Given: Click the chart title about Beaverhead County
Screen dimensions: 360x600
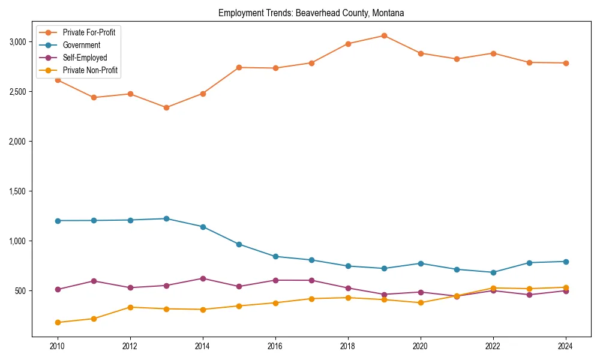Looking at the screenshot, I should [311, 13].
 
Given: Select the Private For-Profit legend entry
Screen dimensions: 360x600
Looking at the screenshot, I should [89, 32].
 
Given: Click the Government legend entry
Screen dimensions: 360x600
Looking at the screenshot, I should [81, 45].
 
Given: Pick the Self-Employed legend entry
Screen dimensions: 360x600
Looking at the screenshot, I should [85, 58].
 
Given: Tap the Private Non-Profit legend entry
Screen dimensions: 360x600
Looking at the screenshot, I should [90, 70].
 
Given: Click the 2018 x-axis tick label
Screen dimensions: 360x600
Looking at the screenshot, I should [347, 346].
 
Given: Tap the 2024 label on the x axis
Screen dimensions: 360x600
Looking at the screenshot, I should [566, 346].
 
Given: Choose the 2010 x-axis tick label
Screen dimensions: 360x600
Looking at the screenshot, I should [58, 346].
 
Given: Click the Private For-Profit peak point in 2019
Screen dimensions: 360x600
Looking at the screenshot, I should [384, 35].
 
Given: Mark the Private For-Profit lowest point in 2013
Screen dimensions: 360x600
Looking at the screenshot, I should [166, 108].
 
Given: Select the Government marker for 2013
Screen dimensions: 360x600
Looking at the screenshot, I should [166, 218].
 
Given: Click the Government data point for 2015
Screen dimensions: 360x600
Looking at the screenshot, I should [239, 244].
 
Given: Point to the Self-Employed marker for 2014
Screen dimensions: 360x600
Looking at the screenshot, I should [203, 278].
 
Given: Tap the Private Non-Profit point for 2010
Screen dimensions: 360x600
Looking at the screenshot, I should [58, 323].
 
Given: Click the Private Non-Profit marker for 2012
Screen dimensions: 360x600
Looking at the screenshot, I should [130, 307].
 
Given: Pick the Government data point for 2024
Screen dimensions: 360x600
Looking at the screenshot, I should [566, 262].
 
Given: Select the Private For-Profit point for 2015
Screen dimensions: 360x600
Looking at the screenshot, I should [239, 67].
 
